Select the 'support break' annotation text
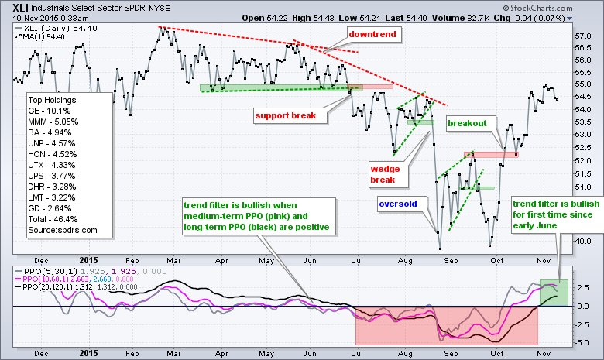coord(287,115)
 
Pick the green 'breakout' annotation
coord(467,122)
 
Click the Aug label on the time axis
coord(403,261)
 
